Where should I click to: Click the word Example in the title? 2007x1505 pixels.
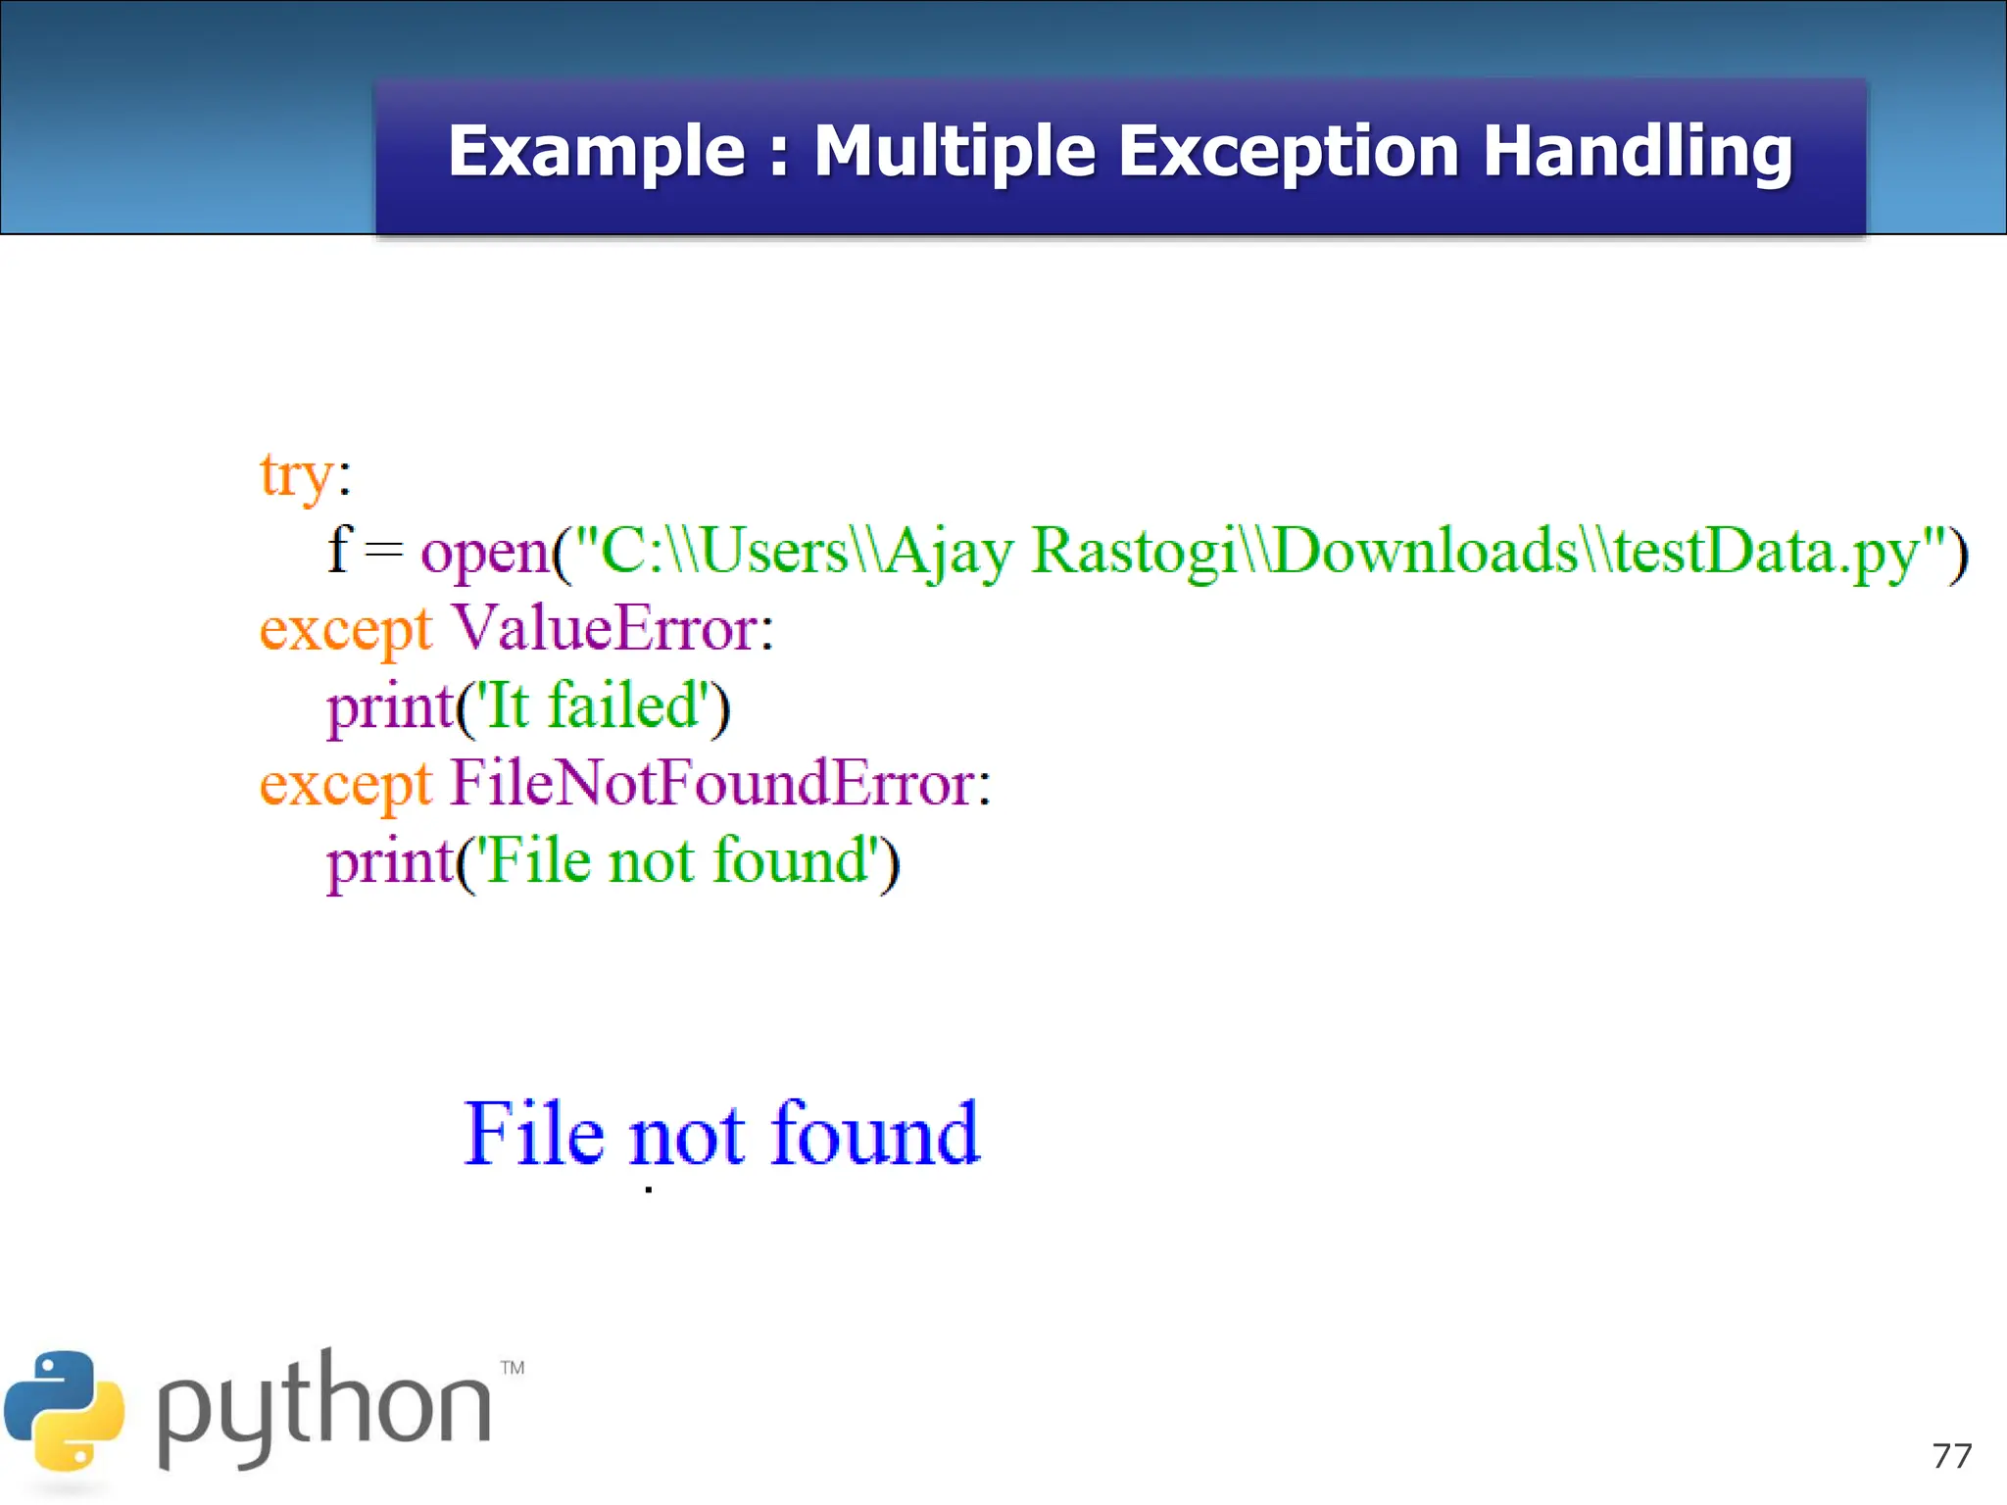[596, 153]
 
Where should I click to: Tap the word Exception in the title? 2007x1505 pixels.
[1289, 153]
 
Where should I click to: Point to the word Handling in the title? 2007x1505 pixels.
[1638, 153]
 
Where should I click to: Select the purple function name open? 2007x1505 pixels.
[486, 553]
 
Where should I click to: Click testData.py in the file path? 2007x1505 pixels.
[1764, 553]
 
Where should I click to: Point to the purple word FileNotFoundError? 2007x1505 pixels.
[712, 783]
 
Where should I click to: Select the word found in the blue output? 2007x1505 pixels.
[874, 1134]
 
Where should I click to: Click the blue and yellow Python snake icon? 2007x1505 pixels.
[65, 1411]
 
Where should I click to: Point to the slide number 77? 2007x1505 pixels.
[1951, 1456]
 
